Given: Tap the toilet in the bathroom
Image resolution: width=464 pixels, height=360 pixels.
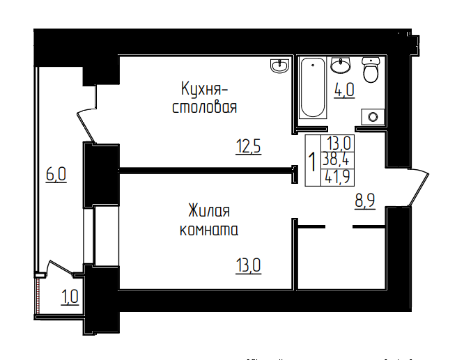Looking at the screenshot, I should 371,70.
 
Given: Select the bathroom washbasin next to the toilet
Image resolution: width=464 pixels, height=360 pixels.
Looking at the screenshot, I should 341,66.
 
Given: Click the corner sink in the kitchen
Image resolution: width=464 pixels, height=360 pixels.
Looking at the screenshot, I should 281,66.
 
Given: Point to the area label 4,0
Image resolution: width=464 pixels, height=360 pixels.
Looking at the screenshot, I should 344,91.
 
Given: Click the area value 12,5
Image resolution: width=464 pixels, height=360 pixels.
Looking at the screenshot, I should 248,147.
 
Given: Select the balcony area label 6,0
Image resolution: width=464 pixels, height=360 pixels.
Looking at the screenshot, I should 56,174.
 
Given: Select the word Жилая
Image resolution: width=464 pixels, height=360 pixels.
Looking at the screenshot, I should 208,210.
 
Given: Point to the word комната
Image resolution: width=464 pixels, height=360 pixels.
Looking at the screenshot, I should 208,228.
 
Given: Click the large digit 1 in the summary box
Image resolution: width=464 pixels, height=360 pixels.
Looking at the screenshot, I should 312,162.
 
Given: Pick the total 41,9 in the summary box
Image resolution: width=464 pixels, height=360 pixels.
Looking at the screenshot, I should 338,175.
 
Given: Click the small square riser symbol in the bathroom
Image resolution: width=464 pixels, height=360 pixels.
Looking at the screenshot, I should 374,117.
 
